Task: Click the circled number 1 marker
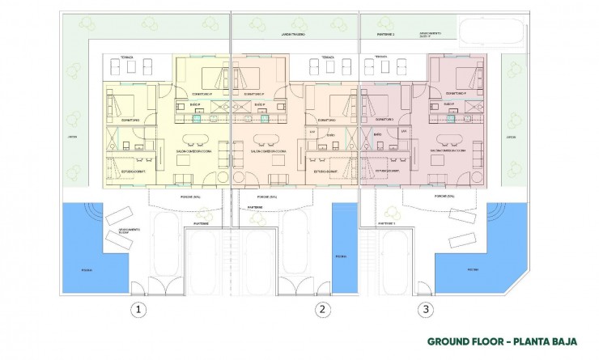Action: pos(139,308)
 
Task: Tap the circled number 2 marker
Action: pos(322,308)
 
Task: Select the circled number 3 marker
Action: pos(425,308)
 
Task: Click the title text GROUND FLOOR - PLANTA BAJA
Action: pos(496,341)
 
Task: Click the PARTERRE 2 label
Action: pos(387,35)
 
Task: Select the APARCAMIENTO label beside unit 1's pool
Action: pos(116,230)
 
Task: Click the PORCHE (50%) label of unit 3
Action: pos(444,197)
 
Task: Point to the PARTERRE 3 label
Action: pos(388,223)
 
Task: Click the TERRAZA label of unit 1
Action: pos(126,58)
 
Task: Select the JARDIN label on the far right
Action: pos(511,137)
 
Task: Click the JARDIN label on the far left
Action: pos(72,137)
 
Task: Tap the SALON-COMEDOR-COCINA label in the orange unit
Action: pos(266,150)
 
